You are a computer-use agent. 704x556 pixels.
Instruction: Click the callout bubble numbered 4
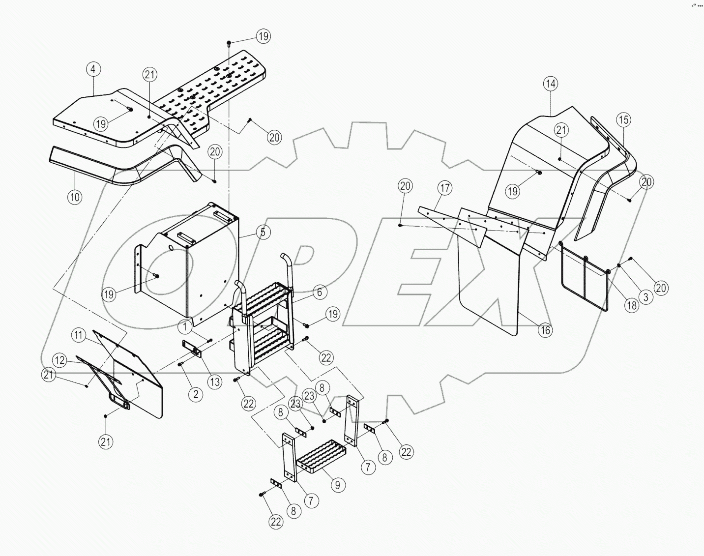93,69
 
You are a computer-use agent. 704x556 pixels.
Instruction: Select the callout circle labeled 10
75,197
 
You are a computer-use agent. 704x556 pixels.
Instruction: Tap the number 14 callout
551,84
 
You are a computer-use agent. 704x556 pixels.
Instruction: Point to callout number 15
623,119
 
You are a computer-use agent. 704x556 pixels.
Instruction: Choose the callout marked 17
445,188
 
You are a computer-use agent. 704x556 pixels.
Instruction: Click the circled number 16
545,330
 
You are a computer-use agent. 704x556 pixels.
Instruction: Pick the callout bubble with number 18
631,305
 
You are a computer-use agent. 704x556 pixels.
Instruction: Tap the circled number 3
645,296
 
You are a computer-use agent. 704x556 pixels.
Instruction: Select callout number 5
263,232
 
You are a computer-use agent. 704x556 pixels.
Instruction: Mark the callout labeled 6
319,293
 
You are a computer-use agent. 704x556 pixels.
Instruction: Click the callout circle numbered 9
338,485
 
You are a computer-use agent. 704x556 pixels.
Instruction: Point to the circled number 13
214,382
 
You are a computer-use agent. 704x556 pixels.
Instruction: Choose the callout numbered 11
78,336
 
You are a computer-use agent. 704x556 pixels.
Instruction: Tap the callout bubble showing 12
59,360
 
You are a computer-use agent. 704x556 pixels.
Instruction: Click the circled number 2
196,394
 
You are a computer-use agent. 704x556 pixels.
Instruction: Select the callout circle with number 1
185,326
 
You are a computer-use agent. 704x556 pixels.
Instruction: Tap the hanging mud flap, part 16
487,290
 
